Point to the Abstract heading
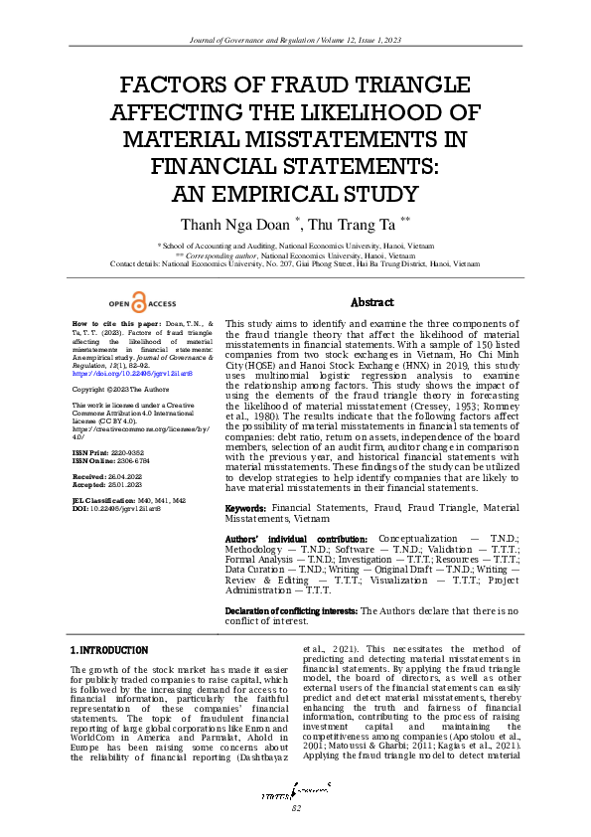point(373,302)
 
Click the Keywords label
point(246,507)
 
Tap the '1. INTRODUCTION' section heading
point(109,649)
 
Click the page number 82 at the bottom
point(295,809)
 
